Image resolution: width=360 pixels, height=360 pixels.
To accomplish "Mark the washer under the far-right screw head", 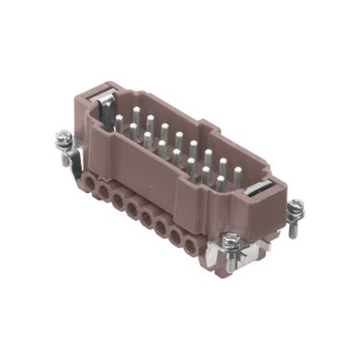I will pyautogui.click(x=295, y=213).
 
